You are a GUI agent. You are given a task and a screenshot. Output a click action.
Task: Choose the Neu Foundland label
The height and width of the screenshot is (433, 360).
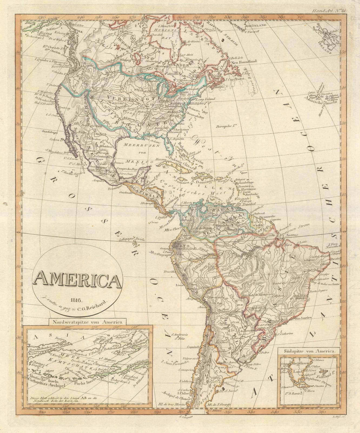pos(243,62)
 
